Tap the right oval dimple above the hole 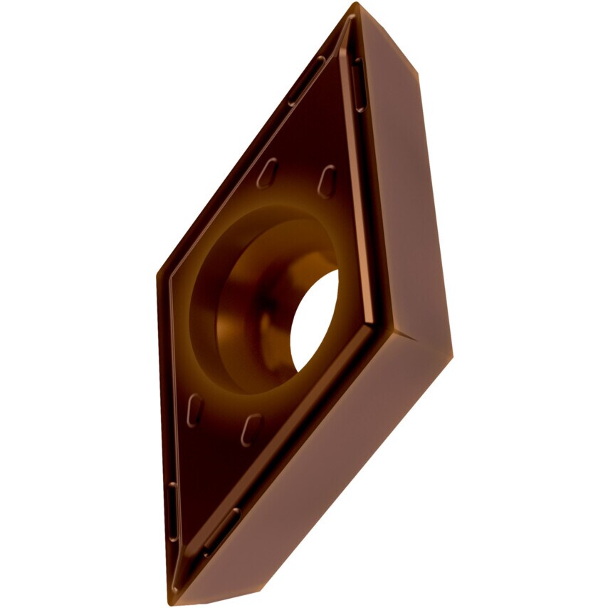pyautogui.click(x=326, y=181)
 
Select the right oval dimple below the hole pyautogui.click(x=251, y=429)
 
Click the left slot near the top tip pyautogui.click(x=306, y=82)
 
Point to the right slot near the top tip pyautogui.click(x=359, y=84)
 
